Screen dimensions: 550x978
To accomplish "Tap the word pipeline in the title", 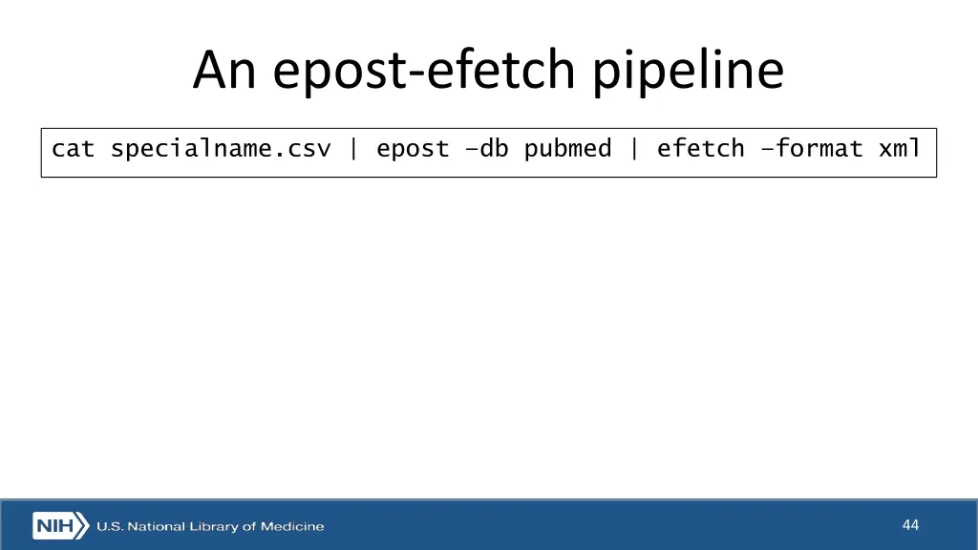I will pyautogui.click(x=688, y=73).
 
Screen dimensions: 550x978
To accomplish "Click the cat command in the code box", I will pyautogui.click(x=74, y=149).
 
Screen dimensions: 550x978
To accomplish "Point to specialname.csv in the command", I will pyautogui.click(x=221, y=149).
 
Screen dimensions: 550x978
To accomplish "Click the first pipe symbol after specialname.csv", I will pyautogui.click(x=354, y=149).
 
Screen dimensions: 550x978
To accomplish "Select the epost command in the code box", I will pyautogui.click(x=413, y=149).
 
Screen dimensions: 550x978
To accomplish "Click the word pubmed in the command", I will pyautogui.click(x=567, y=149).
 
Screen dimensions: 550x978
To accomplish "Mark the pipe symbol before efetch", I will pyautogui.click(x=634, y=149).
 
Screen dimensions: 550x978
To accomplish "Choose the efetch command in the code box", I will pyautogui.click(x=700, y=149).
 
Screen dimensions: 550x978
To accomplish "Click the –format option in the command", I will pyautogui.click(x=812, y=149).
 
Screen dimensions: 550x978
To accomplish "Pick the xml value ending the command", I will pyautogui.click(x=900, y=149).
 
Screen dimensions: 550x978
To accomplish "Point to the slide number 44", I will pyautogui.click(x=910, y=525).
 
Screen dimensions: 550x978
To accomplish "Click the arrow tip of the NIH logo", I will pyautogui.click(x=86, y=526).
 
